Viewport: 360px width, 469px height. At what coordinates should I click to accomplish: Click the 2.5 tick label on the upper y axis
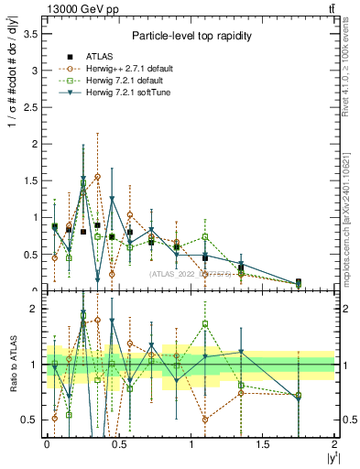tap(33, 106)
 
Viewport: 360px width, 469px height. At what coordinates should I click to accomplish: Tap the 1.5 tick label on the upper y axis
tap(33, 180)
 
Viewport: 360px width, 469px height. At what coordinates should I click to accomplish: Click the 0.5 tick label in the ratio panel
tap(33, 420)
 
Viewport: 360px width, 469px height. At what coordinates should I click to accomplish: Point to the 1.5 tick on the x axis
tap(262, 444)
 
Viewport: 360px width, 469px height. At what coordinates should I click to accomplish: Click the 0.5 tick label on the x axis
tap(118, 444)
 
